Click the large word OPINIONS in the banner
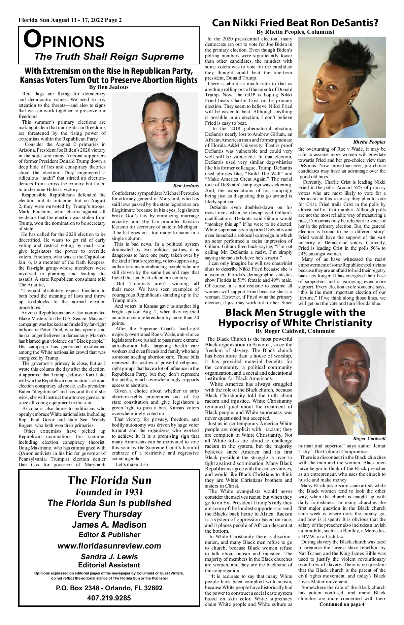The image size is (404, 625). point(64,40)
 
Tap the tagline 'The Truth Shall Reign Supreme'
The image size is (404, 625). point(109,56)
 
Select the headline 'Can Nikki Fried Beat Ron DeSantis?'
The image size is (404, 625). point(295,23)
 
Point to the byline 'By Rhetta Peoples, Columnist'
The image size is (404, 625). point(295,32)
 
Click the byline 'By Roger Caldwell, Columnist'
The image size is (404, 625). point(295,331)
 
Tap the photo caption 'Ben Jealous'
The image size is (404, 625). point(186,186)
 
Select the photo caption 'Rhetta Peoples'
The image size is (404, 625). point(369,142)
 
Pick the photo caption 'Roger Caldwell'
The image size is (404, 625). point(369,438)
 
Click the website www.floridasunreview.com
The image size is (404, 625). point(109,546)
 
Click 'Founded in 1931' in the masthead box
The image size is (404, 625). point(109,492)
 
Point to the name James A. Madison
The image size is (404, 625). point(109,525)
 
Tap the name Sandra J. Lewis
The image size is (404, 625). point(109,557)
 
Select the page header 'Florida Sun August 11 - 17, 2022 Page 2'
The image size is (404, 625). point(70,20)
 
